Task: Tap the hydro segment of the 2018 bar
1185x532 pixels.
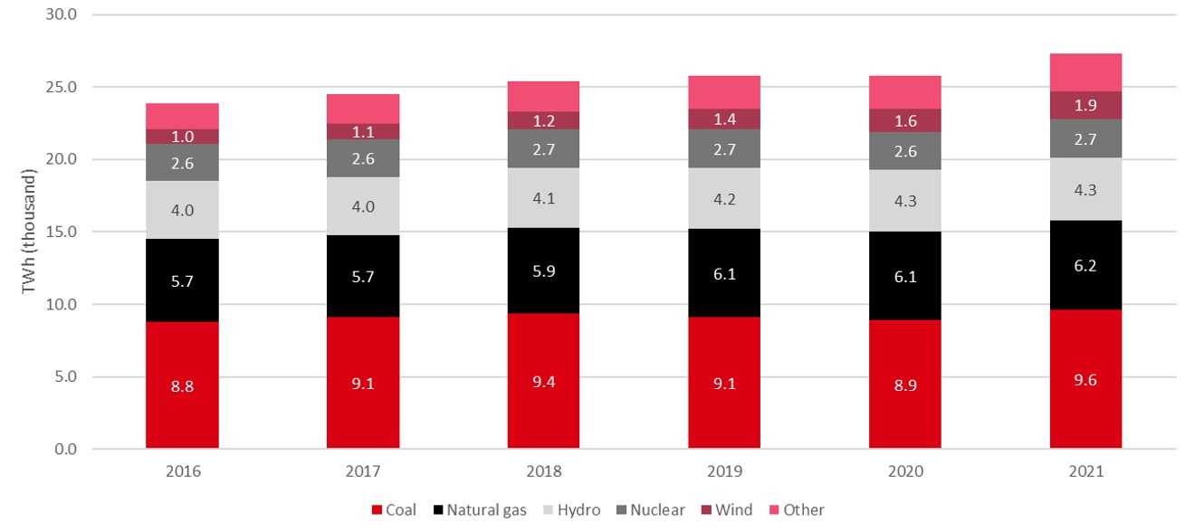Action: pos(543,197)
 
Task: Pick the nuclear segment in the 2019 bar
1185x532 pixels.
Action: pos(724,148)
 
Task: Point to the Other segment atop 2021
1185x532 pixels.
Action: pos(1085,72)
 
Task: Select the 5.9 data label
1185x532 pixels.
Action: pos(543,270)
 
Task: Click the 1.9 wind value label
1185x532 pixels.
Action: pos(1085,106)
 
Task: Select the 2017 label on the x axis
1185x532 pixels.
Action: pos(363,471)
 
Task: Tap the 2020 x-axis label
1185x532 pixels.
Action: pos(905,471)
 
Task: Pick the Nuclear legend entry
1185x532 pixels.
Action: pos(652,510)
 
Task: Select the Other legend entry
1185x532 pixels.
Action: pos(797,510)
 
